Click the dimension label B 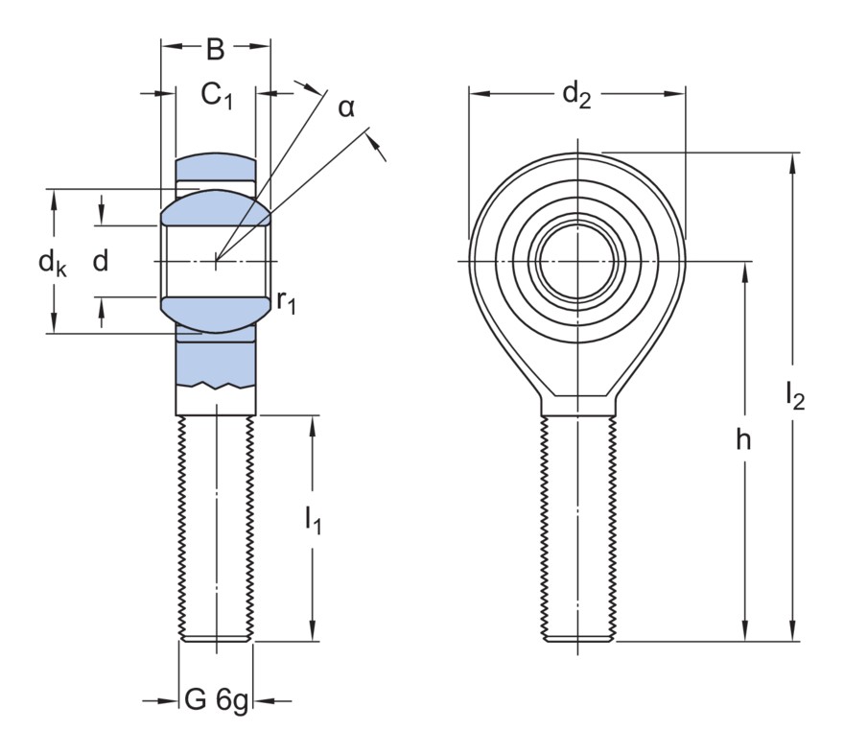tap(216, 48)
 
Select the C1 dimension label tap(216, 95)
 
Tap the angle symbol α tap(345, 107)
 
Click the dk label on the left tap(53, 262)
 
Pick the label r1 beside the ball tap(286, 302)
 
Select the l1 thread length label tap(314, 521)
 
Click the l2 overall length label tap(794, 394)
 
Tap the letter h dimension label tap(743, 440)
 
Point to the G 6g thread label tap(216, 702)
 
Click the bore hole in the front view tap(578, 260)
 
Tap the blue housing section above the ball tap(216, 170)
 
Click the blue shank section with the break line tap(216, 365)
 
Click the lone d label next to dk tap(100, 261)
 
